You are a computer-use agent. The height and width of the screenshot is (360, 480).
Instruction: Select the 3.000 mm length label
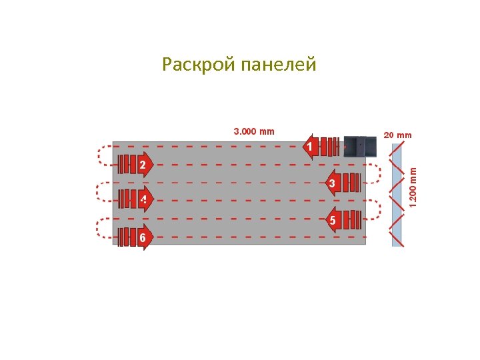[253, 131]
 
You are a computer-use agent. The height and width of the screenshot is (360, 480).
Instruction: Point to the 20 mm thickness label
[396, 135]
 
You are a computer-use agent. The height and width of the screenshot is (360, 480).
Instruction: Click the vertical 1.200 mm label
[413, 185]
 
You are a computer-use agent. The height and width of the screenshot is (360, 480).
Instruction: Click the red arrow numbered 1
[311, 146]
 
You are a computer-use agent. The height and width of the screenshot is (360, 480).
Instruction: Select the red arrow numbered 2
[142, 164]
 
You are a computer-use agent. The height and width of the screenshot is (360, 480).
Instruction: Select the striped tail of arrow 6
[126, 237]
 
